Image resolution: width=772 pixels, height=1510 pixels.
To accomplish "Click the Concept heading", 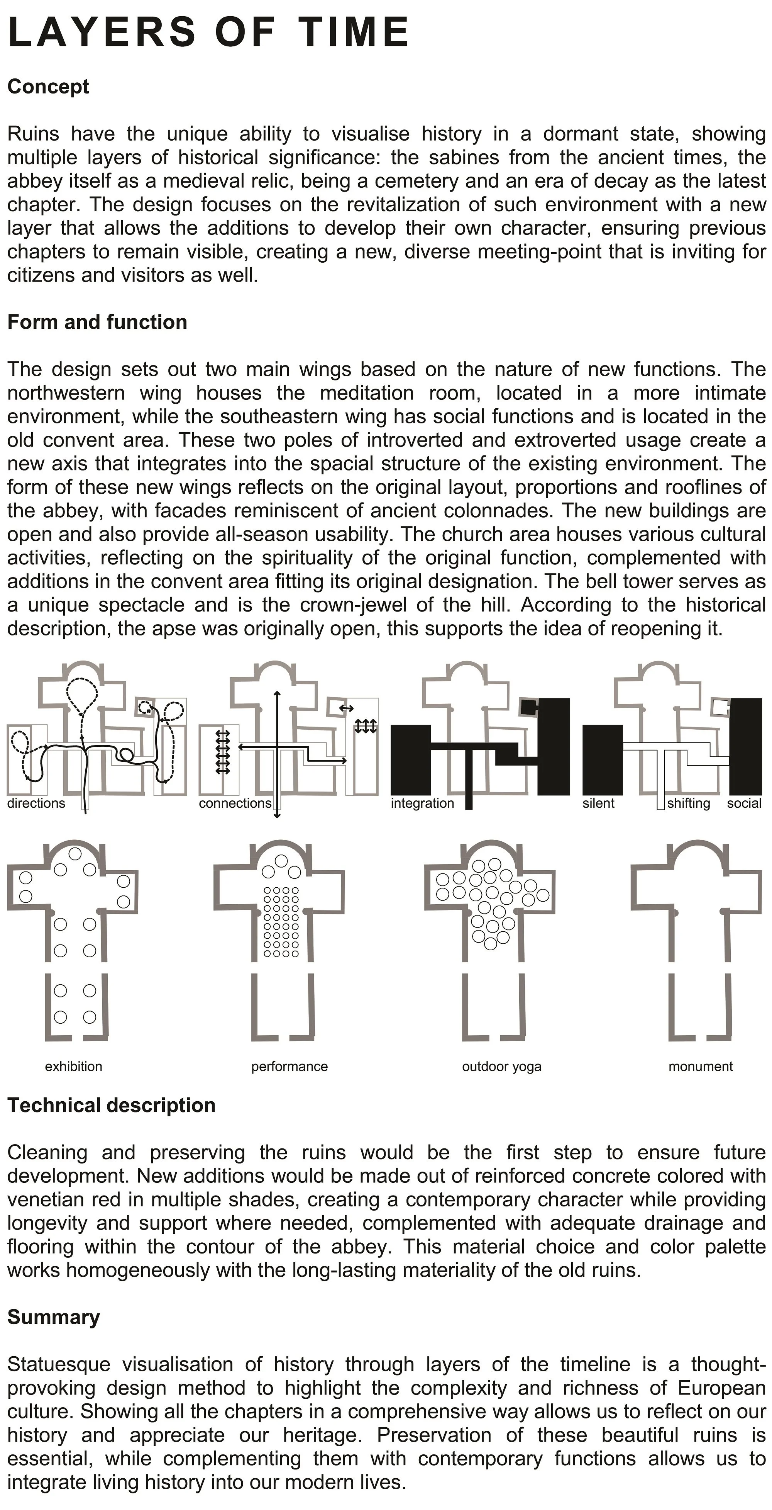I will (x=48, y=87).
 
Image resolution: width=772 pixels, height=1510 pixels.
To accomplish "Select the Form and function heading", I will (x=96, y=323).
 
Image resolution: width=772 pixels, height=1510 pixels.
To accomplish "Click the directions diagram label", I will (x=36, y=803).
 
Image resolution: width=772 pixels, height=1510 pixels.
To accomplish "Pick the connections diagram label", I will (x=235, y=803).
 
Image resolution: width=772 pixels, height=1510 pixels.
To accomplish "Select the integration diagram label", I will (x=422, y=803).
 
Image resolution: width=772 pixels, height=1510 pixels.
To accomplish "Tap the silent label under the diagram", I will (x=598, y=803).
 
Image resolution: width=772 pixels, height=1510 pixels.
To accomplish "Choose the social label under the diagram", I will (x=744, y=803).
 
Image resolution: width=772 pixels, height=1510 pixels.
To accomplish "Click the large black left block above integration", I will (x=410, y=759).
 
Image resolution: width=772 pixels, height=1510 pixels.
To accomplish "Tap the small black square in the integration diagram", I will (x=528, y=707).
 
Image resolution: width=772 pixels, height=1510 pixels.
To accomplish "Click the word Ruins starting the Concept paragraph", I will (x=33, y=134).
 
